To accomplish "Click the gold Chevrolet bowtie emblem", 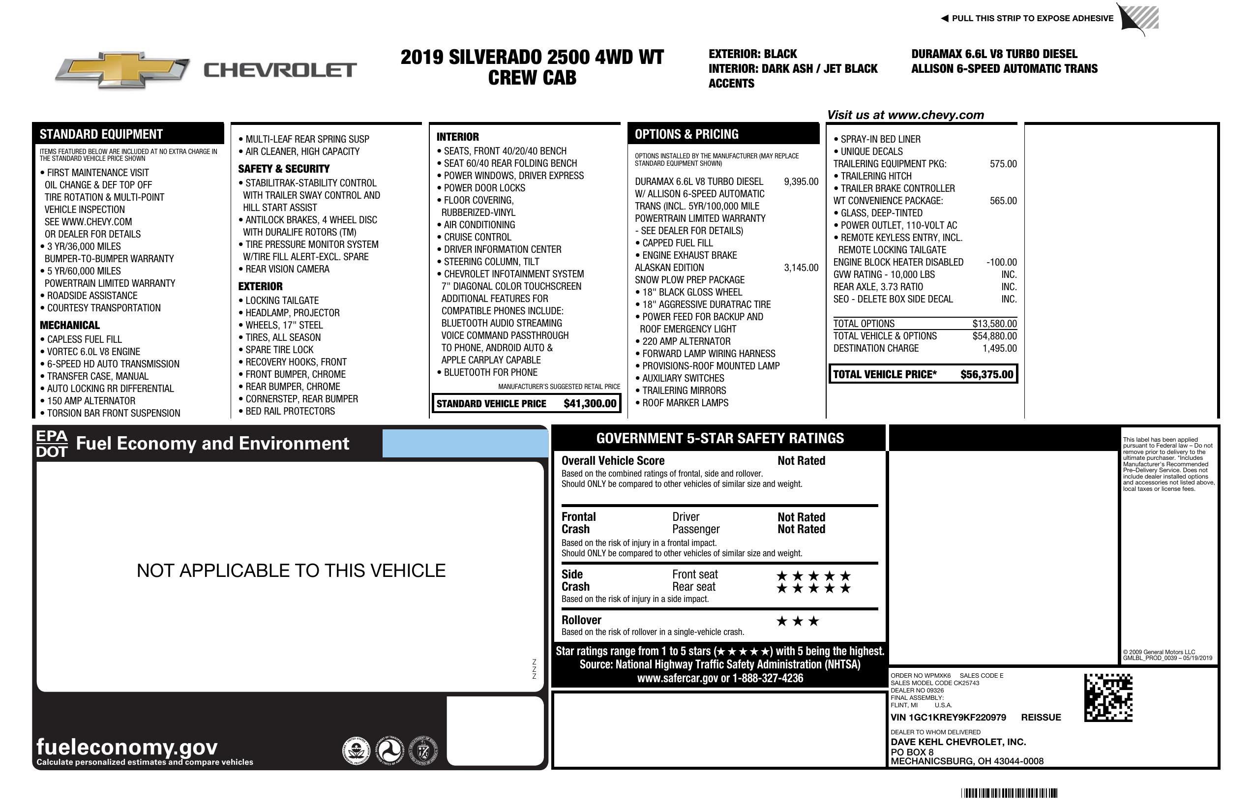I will click(122, 70).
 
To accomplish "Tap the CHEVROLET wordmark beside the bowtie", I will click(280, 70).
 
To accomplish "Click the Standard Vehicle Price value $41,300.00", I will click(590, 404).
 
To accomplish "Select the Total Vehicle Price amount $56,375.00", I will click(986, 375).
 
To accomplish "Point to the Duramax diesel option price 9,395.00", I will click(801, 182).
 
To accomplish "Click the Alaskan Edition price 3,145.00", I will click(801, 268).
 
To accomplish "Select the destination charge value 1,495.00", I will click(999, 348).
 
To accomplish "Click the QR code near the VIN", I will click(1107, 698).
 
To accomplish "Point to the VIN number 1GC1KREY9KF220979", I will click(948, 717).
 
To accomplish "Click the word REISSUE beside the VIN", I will click(1041, 717).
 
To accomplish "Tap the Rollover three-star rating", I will click(797, 621).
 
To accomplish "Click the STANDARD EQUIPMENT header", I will click(101, 134).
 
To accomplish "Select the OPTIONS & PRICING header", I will click(686, 134).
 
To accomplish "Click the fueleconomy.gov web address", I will click(127, 747).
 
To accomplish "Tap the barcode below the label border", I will click(1009, 793).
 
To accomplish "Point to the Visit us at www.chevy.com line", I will click(905, 115).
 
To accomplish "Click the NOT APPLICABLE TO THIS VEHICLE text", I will click(291, 571).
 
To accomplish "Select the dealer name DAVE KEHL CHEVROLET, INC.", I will click(958, 742).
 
